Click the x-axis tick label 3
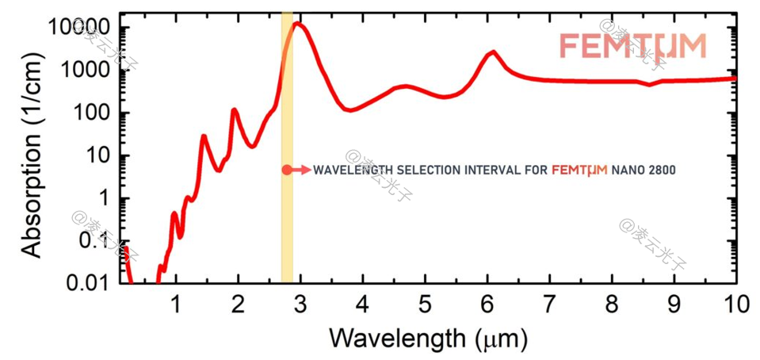click(300, 304)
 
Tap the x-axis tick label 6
click(487, 304)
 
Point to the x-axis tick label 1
click(176, 304)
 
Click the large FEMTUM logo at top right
click(632, 46)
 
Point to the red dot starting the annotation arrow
click(286, 170)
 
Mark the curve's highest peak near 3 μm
click(299, 24)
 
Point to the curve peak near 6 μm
click(494, 52)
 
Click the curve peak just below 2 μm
click(234, 110)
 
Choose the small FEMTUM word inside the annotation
click(579, 170)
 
